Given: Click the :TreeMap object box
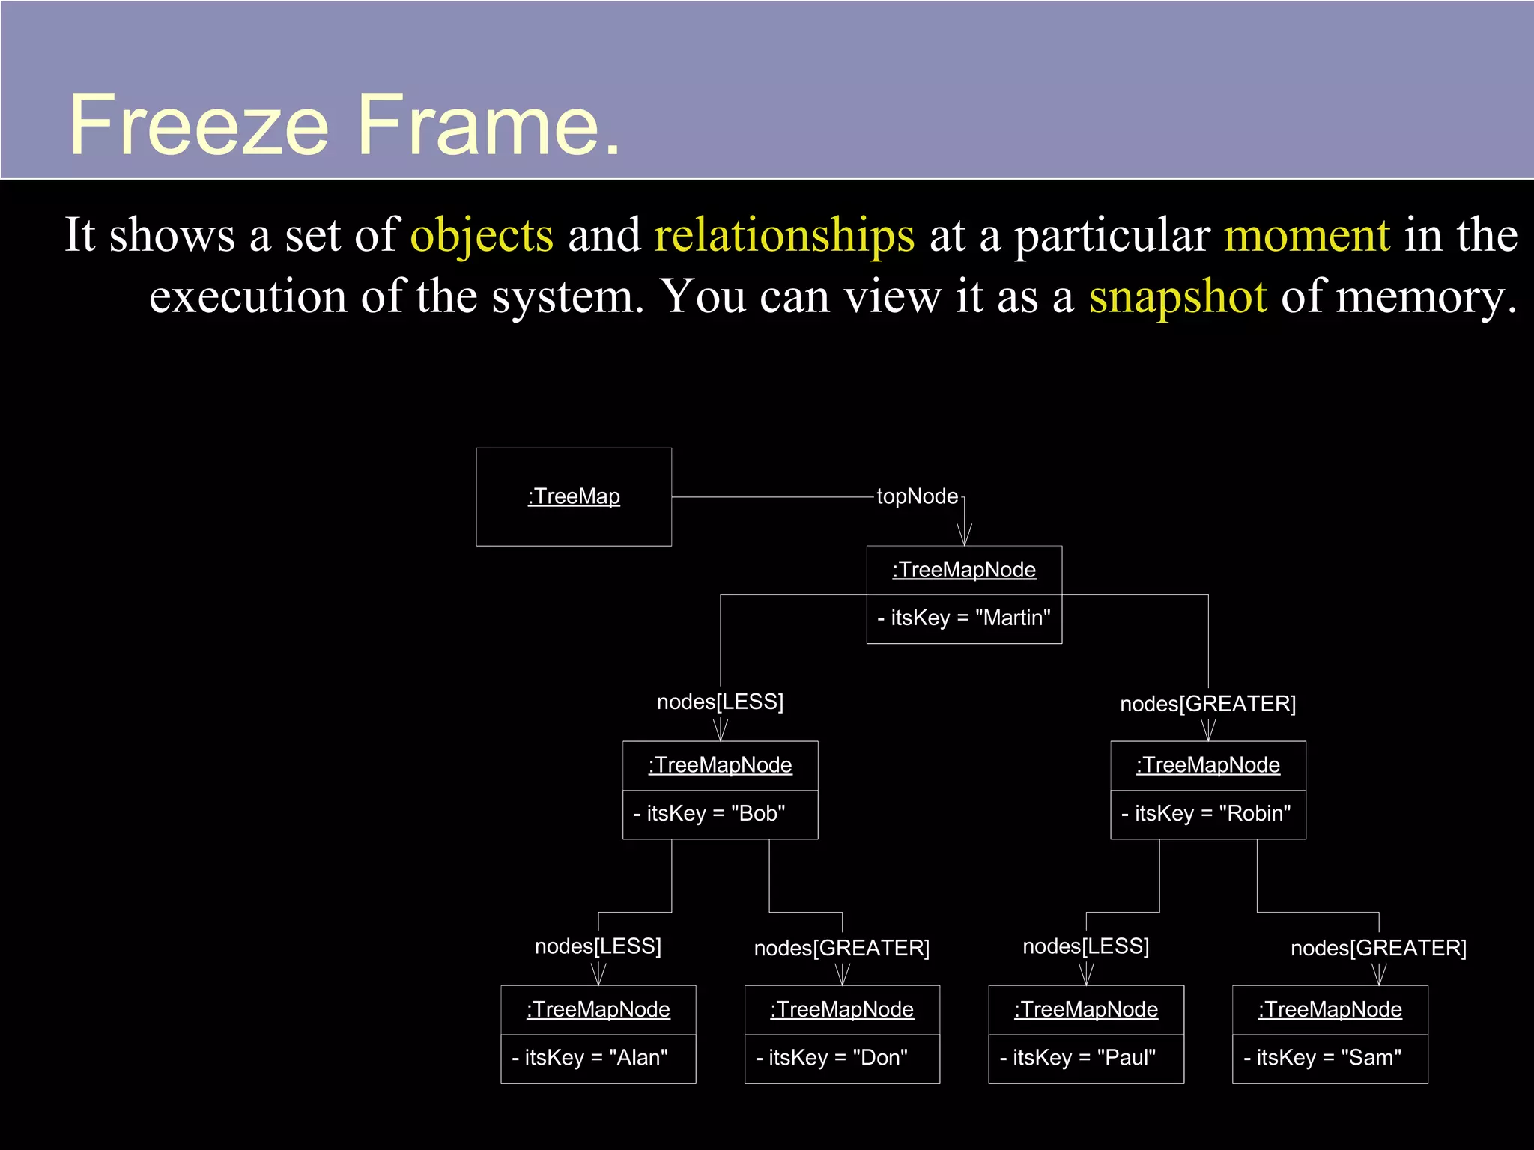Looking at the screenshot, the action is pos(574,497).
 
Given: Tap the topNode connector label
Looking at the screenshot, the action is pos(917,496).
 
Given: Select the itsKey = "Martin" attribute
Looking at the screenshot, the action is pos(964,618).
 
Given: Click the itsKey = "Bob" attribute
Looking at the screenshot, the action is pos(710,814).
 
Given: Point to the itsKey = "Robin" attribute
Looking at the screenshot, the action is pos(1207,814).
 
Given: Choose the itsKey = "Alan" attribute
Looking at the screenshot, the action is pos(590,1058).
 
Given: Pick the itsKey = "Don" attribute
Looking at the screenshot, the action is pos(832,1058).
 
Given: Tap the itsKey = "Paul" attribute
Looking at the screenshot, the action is pos(1078,1058).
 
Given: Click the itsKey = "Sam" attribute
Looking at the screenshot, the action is pos(1323,1058).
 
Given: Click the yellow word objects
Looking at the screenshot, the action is pos(482,235).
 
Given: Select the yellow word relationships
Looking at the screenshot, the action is pos(784,235).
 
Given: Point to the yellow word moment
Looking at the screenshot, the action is pos(1307,235).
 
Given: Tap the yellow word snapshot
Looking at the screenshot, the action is pos(1177,296).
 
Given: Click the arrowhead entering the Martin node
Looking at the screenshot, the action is pos(965,535).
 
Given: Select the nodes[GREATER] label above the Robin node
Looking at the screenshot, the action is pos(1207,705).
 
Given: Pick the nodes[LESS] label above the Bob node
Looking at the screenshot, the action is pos(720,702).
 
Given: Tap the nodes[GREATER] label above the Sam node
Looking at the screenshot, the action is pos(1378,949).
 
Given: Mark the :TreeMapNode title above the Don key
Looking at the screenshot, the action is pos(842,1010).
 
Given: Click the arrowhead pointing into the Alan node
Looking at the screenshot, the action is pos(598,975).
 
